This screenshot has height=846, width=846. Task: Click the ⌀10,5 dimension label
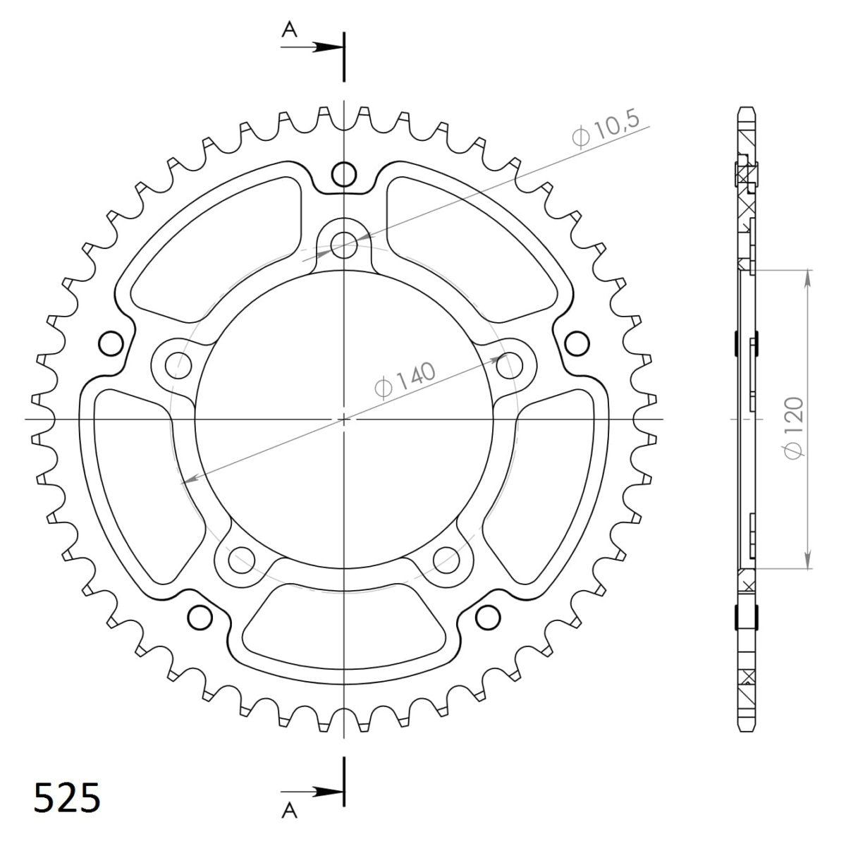point(606,130)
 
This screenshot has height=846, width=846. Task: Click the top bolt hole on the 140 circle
point(343,245)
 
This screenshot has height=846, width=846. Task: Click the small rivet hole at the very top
point(343,173)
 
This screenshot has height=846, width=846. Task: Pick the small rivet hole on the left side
point(110,343)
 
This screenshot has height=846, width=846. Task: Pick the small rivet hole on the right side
point(577,343)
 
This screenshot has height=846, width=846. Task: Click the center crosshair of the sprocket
point(343,419)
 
